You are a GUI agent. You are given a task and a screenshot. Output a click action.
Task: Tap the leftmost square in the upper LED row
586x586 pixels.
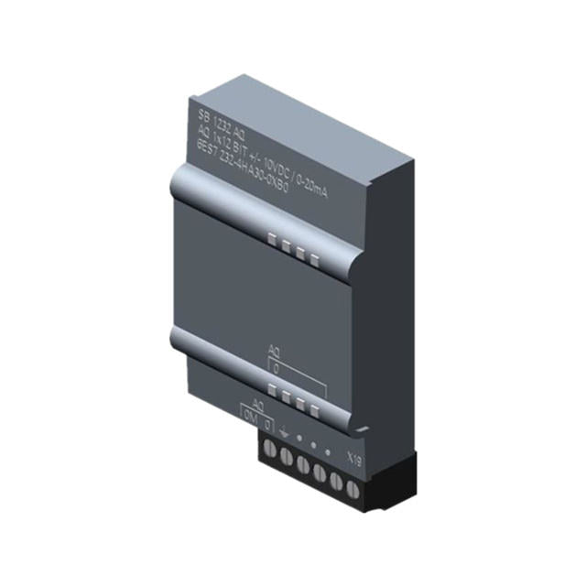coord(272,240)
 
